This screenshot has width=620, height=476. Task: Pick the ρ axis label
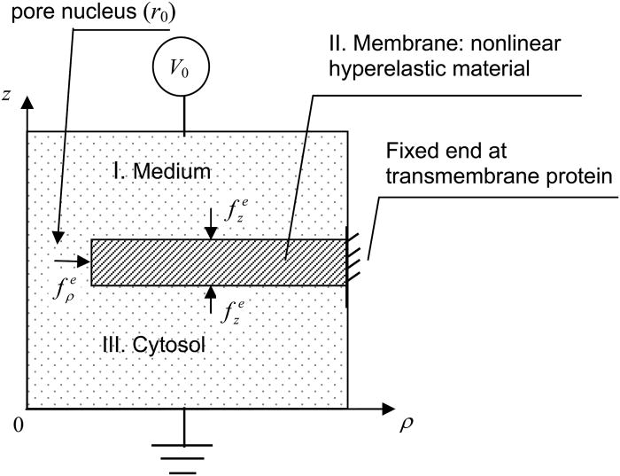click(x=407, y=427)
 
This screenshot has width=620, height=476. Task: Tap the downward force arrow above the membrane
click(x=211, y=229)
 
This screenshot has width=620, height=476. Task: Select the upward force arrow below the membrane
click(x=211, y=299)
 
